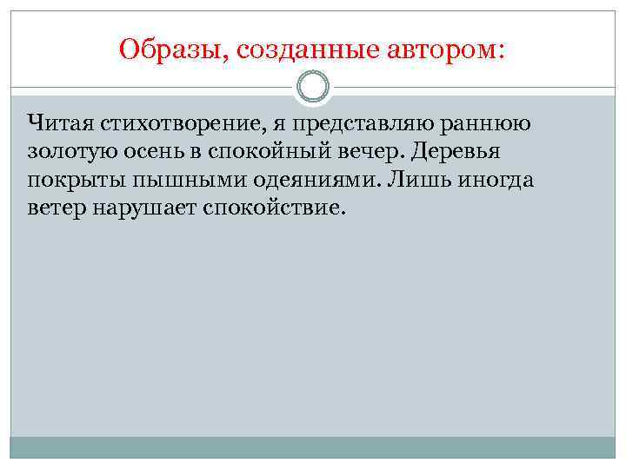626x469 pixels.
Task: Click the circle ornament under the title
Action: click(x=313, y=87)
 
